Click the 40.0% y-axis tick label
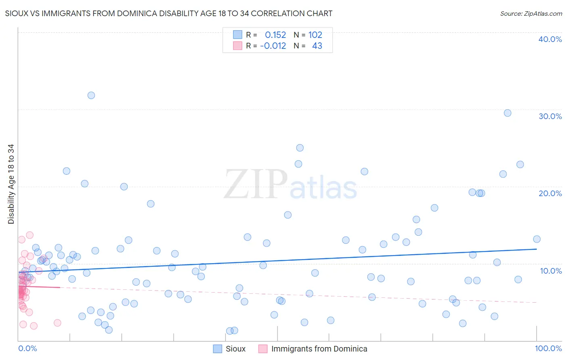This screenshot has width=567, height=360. pyautogui.click(x=550, y=39)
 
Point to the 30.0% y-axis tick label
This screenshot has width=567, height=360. pyautogui.click(x=550, y=116)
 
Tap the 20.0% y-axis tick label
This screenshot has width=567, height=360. pyautogui.click(x=550, y=193)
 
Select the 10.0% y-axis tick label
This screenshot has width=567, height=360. pyautogui.click(x=550, y=271)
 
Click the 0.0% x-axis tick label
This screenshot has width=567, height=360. pyautogui.click(x=27, y=348)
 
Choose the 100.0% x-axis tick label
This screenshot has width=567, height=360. pyautogui.click(x=548, y=348)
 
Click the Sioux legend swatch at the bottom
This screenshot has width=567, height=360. pyautogui.click(x=218, y=349)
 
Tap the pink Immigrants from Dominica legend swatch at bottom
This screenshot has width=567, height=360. pyautogui.click(x=263, y=349)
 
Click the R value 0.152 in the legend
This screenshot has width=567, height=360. pyautogui.click(x=275, y=35)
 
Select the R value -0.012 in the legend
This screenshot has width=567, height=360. pyautogui.click(x=273, y=46)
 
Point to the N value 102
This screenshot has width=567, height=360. pyautogui.click(x=315, y=35)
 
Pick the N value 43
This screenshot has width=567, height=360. pyautogui.click(x=317, y=46)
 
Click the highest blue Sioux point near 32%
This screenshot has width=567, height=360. pyautogui.click(x=91, y=95)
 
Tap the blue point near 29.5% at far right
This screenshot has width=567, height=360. pyautogui.click(x=507, y=113)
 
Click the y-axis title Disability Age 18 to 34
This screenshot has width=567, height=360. pyautogui.click(x=11, y=184)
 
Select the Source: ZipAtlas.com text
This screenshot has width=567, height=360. pyautogui.click(x=531, y=14)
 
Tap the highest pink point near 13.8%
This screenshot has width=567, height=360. pyautogui.click(x=29, y=235)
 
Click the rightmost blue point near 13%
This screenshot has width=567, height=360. pyautogui.click(x=536, y=239)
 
